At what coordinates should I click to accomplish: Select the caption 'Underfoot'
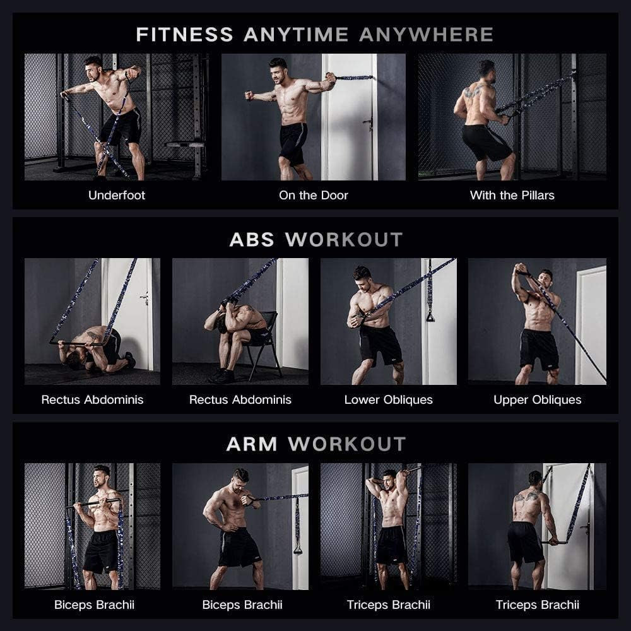click(117, 195)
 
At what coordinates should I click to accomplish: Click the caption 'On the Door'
click(314, 195)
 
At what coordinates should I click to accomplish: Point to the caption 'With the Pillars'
click(512, 195)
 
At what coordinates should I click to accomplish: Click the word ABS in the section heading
click(252, 240)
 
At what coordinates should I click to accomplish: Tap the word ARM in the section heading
click(252, 444)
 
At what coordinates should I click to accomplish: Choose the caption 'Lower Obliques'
click(388, 399)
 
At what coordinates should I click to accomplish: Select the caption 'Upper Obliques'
click(537, 399)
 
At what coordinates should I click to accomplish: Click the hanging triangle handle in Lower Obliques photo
click(431, 314)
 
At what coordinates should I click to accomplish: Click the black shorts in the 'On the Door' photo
click(293, 141)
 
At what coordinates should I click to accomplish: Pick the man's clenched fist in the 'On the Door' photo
click(249, 96)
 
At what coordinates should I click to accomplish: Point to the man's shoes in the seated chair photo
click(223, 375)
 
